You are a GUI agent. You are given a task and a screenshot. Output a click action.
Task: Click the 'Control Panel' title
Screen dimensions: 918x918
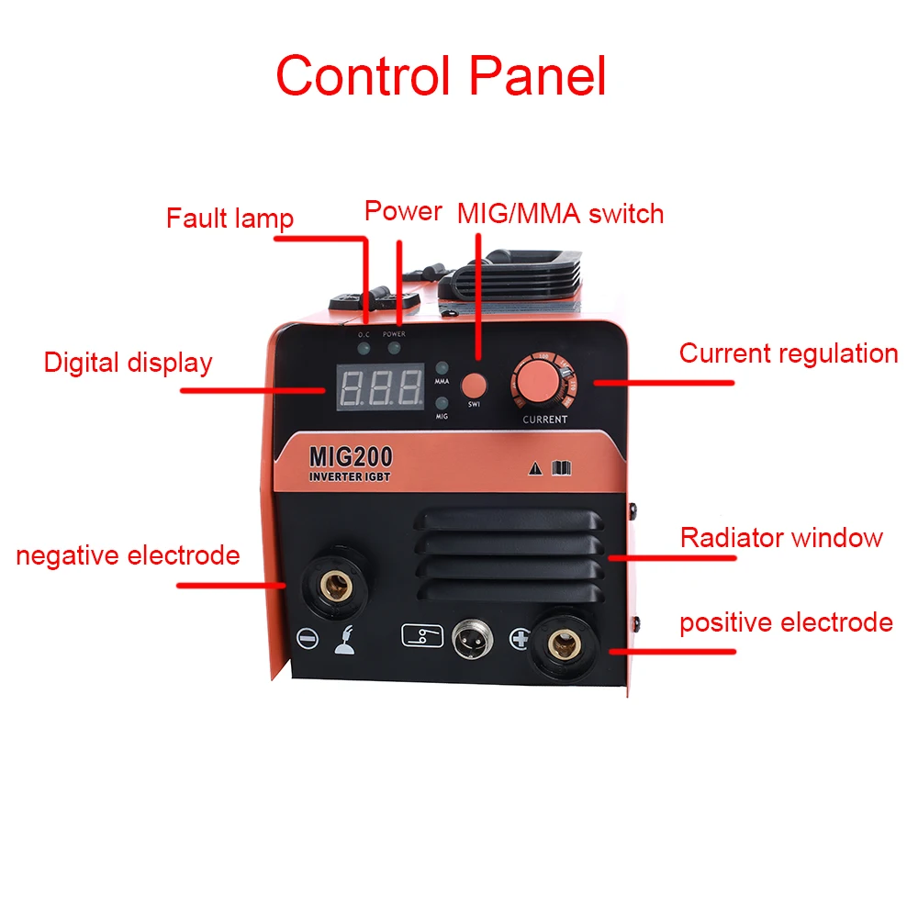tap(441, 75)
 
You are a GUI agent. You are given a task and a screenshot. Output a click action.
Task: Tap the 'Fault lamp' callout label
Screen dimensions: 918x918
tap(229, 218)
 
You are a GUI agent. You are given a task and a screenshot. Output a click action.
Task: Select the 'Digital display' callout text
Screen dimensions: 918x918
tap(128, 363)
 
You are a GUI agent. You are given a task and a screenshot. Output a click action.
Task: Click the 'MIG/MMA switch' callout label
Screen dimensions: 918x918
tap(560, 214)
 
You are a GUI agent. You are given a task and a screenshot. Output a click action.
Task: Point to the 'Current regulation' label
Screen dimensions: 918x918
tap(788, 353)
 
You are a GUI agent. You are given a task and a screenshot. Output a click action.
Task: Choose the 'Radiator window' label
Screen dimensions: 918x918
tap(781, 537)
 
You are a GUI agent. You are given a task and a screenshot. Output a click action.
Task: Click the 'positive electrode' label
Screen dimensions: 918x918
tap(786, 622)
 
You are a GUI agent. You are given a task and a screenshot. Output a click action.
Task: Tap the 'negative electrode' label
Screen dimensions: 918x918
tap(128, 555)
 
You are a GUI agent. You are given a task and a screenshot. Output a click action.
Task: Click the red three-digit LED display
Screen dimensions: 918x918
tap(380, 389)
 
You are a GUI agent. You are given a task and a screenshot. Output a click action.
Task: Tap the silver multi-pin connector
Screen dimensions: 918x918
tap(471, 638)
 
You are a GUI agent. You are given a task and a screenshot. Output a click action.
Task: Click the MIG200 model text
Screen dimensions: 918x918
tap(352, 455)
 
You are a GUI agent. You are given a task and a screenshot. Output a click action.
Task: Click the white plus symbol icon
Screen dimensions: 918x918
tap(521, 639)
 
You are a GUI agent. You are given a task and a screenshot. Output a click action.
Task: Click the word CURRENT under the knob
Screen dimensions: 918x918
tap(544, 420)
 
